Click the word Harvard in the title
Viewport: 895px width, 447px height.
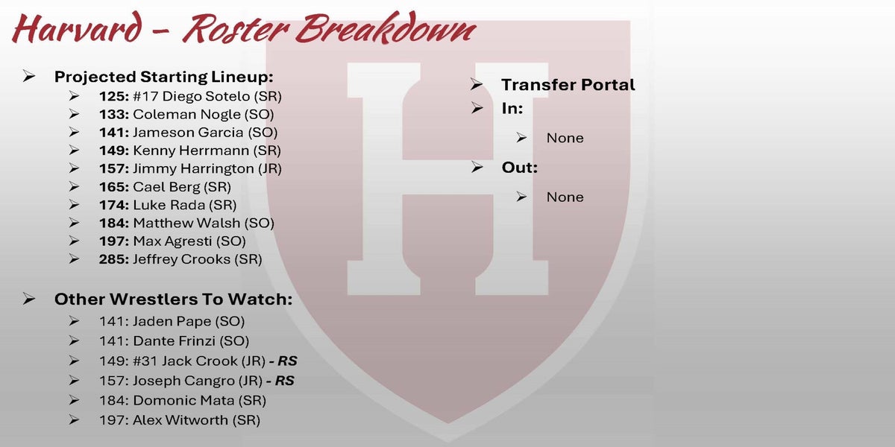tap(78, 28)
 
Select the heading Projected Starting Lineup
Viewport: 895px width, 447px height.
tap(164, 77)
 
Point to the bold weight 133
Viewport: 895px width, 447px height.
tap(114, 115)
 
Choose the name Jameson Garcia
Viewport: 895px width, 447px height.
tap(188, 133)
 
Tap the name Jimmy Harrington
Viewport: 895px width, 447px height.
tap(193, 169)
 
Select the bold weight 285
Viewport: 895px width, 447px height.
tap(114, 259)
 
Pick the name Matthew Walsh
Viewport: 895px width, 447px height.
tap(186, 223)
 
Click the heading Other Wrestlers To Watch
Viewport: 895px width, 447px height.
tap(173, 299)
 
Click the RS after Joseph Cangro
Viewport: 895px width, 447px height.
tap(284, 381)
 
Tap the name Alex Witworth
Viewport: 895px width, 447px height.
tap(180, 420)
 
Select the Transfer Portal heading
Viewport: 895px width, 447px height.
tap(568, 85)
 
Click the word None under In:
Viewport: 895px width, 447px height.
tap(565, 138)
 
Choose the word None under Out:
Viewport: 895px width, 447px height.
tap(565, 197)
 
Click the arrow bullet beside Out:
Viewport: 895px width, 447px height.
tap(477, 167)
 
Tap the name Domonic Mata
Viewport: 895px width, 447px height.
tap(183, 400)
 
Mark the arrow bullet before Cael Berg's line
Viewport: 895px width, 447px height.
tap(74, 186)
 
